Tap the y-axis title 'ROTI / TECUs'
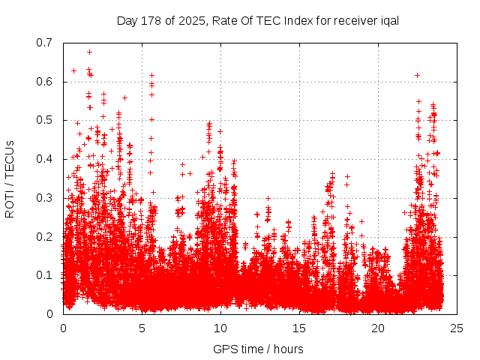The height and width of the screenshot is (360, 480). tap(10, 178)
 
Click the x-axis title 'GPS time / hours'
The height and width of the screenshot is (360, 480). tap(258, 349)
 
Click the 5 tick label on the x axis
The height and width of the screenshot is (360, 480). tap(142, 328)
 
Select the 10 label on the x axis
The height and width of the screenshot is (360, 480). tap(220, 328)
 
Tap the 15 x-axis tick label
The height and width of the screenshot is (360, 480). tap(299, 328)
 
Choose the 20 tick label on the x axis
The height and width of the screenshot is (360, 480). tap(378, 328)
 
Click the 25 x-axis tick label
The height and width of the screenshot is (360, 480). tap(457, 328)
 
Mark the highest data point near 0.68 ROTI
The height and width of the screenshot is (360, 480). tap(89, 52)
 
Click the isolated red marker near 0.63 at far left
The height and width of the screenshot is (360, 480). tap(73, 70)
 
